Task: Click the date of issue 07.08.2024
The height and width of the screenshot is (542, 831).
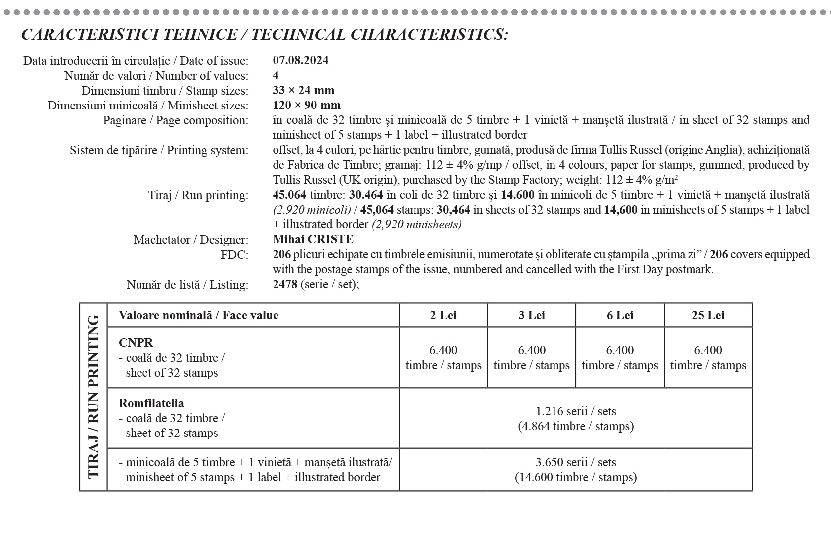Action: point(300,60)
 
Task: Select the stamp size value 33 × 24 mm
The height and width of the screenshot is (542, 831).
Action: point(303,90)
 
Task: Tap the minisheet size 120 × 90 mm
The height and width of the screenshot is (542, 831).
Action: point(306,105)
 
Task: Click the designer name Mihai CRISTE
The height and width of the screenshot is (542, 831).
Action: point(313,239)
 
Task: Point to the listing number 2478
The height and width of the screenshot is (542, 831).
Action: point(285,284)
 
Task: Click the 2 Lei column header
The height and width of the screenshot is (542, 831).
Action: point(443,315)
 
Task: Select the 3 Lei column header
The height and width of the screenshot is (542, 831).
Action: point(532,315)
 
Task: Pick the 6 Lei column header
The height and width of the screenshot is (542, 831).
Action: point(620,315)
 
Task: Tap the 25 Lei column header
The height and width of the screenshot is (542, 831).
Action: point(708,315)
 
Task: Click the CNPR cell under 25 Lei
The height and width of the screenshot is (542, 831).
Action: point(708,357)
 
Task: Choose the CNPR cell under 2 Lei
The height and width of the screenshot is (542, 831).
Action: point(443,357)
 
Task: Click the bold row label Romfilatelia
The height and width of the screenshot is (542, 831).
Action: point(151,403)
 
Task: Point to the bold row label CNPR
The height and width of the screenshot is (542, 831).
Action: point(136,342)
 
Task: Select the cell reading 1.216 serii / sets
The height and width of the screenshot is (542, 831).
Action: point(575,418)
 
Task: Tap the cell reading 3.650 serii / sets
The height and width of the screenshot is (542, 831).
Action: point(575,469)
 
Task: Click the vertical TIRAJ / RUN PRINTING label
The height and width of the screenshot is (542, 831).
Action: point(93,397)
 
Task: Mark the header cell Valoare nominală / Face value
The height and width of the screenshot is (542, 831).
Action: point(198,315)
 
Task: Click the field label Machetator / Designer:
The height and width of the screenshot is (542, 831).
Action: point(190,240)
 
